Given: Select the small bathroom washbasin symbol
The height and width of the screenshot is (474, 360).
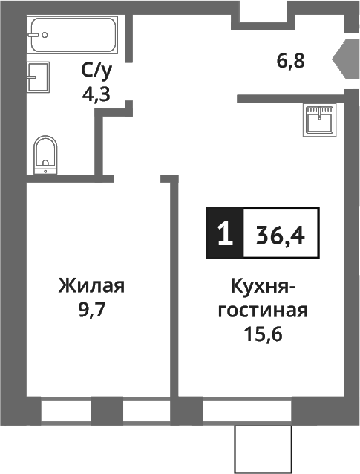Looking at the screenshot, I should [38, 77].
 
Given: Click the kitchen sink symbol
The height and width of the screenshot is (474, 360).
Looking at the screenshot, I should [320, 120].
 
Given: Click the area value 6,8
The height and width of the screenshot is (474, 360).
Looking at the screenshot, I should [291, 61].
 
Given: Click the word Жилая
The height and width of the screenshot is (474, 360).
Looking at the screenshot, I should [91, 286].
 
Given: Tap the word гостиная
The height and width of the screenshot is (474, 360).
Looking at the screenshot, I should [264, 310].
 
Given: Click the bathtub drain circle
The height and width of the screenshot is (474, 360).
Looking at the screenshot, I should [45, 34].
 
